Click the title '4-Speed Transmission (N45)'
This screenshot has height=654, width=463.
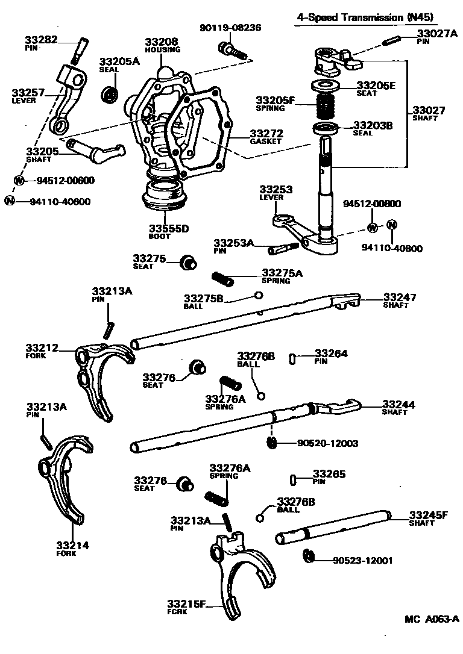365,17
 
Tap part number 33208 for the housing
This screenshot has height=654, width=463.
161,42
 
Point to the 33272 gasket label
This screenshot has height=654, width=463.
266,133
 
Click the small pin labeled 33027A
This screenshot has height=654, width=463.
392,42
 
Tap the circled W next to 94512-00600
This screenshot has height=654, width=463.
19,180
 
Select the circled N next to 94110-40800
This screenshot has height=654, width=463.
391,225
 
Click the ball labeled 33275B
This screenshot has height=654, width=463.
258,295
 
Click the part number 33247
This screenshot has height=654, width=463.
400,297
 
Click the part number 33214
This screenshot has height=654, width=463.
72,545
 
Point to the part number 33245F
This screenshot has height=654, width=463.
429,515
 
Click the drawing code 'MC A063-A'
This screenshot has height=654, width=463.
432,618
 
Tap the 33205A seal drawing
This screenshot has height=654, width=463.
109,94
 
